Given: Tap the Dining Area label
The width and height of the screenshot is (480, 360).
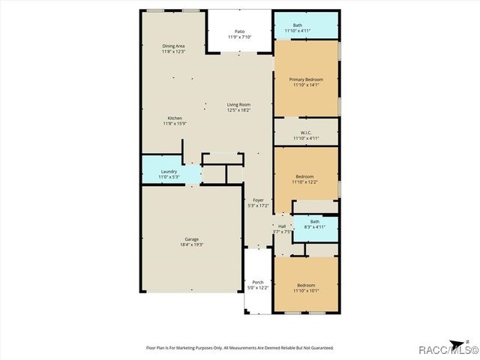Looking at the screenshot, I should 173,46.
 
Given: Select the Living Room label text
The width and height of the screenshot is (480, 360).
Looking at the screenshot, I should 239,104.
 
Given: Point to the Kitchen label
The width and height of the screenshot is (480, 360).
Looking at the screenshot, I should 174,118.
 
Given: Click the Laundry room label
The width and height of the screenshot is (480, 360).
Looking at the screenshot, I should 169,172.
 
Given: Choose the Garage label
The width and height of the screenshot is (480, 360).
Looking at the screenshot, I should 192,239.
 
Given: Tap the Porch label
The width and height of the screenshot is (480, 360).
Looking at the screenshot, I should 257,282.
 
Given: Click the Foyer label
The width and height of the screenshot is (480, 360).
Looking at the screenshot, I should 258,199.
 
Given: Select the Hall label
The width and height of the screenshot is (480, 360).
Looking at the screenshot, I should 282,226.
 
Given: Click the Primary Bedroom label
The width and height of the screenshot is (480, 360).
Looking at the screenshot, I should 306,79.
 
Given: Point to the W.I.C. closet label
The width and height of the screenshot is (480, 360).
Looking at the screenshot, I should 306,132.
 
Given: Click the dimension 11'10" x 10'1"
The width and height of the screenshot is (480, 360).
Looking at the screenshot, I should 306,290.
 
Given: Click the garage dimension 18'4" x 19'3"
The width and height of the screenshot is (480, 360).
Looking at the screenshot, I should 192,244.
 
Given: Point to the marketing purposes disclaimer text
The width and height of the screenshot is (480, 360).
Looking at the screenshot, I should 239,347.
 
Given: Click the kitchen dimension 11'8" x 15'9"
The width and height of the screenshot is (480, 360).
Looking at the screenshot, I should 174,123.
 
